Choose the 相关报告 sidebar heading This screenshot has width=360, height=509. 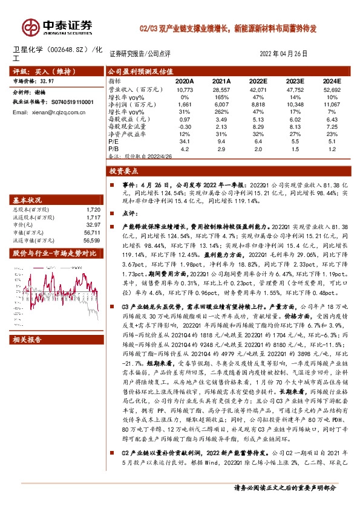click(27, 340)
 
